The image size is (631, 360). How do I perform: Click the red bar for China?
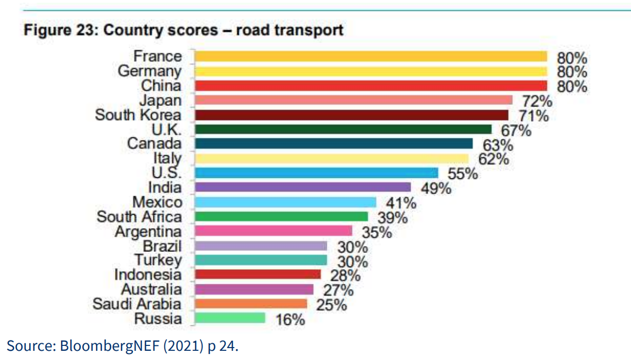point(371,85)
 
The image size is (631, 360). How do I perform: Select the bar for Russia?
point(230,318)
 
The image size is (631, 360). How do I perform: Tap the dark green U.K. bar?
point(343,129)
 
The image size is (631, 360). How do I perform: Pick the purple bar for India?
point(303,187)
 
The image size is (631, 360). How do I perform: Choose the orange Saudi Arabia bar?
point(251,303)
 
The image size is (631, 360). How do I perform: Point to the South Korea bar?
point(351,115)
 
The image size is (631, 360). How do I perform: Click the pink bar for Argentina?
point(273,231)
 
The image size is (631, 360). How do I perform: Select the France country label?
point(158,56)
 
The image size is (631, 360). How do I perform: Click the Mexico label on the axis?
point(158,202)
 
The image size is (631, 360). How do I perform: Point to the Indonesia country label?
point(148,275)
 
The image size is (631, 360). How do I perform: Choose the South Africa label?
point(139,217)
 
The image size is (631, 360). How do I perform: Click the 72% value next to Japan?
point(538,101)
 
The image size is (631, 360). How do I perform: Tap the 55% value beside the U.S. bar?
point(463,174)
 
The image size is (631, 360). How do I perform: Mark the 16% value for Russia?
point(290,319)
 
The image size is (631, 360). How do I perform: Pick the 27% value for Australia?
point(338,290)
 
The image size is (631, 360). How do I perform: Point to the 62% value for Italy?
point(494,159)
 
